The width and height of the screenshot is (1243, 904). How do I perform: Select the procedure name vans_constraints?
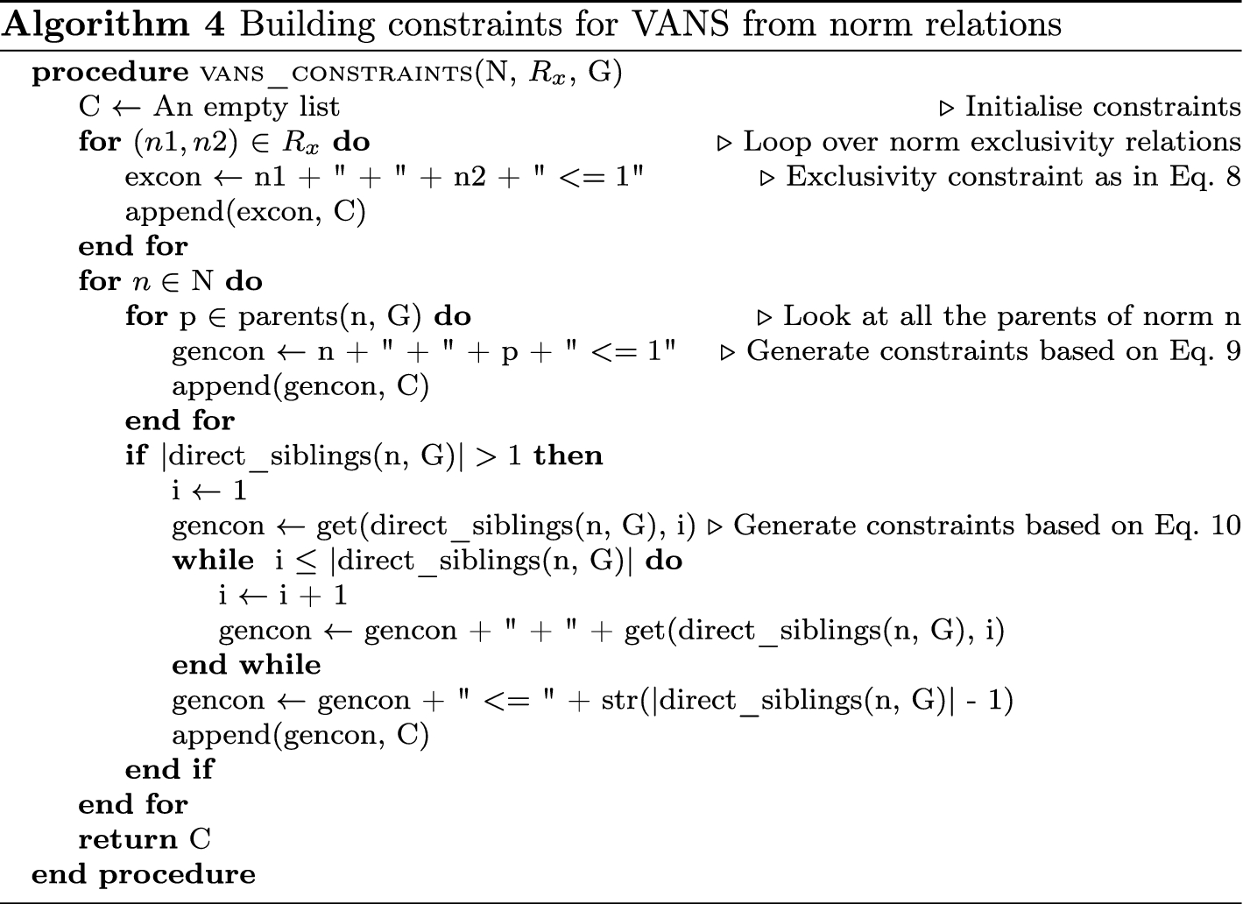coord(337,73)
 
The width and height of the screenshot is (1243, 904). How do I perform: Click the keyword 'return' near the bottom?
coord(128,839)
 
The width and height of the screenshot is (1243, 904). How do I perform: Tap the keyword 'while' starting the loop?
coord(213,561)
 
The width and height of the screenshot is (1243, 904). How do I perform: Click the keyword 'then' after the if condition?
coord(568,456)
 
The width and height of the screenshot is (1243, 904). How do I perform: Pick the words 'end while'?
coord(246,665)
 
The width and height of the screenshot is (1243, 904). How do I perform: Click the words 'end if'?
coord(169,769)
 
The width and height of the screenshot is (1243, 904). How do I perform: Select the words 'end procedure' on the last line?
coord(144,874)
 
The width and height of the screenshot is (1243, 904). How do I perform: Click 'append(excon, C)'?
coord(244,212)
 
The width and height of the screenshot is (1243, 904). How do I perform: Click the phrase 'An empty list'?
coord(246,107)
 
